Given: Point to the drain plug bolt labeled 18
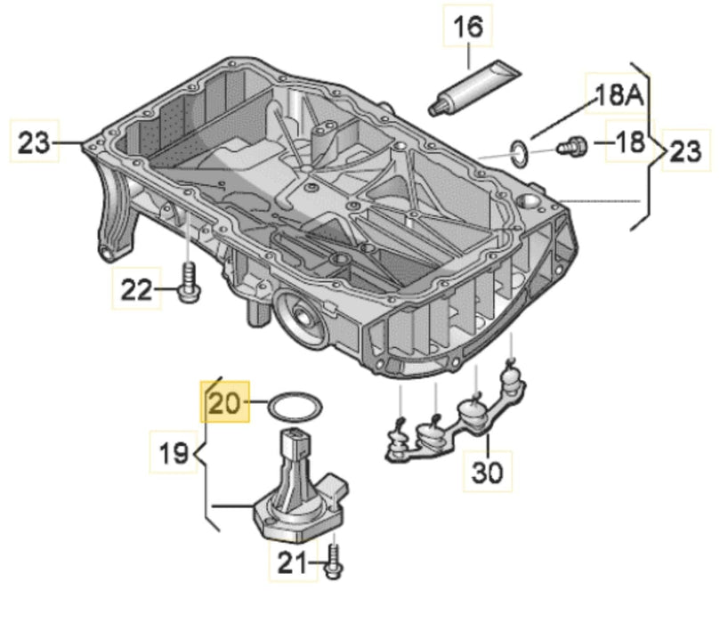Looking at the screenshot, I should tap(569, 144).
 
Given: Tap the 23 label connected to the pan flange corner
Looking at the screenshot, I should tap(35, 142).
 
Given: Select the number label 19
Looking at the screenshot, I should tap(173, 454).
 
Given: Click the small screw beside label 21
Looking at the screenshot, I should tap(336, 559).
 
